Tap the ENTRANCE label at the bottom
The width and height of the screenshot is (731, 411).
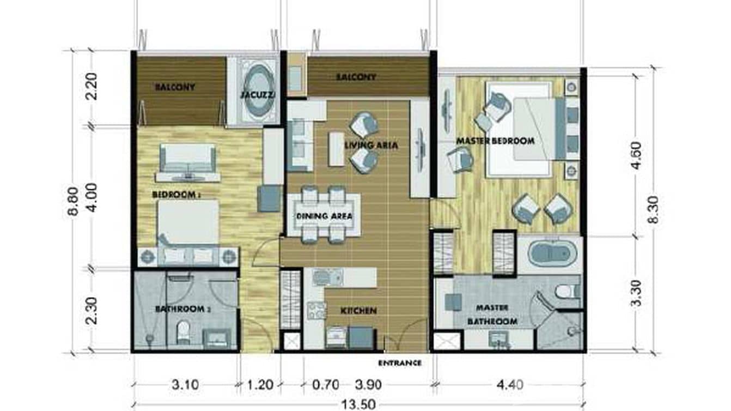tap(399, 362)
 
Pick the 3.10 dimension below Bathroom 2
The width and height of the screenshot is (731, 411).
tap(185, 385)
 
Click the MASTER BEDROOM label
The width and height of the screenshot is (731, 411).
tap(495, 141)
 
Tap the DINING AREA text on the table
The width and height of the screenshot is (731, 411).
tap(324, 216)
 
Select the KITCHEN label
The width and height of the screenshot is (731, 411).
tap(358, 311)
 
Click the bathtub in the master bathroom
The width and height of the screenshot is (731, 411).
tap(550, 255)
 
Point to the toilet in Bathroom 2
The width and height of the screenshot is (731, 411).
tap(183, 331)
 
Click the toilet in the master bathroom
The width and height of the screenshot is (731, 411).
tap(566, 291)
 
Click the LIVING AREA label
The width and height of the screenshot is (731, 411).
tap(371, 146)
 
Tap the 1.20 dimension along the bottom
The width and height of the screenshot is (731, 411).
tap(260, 385)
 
